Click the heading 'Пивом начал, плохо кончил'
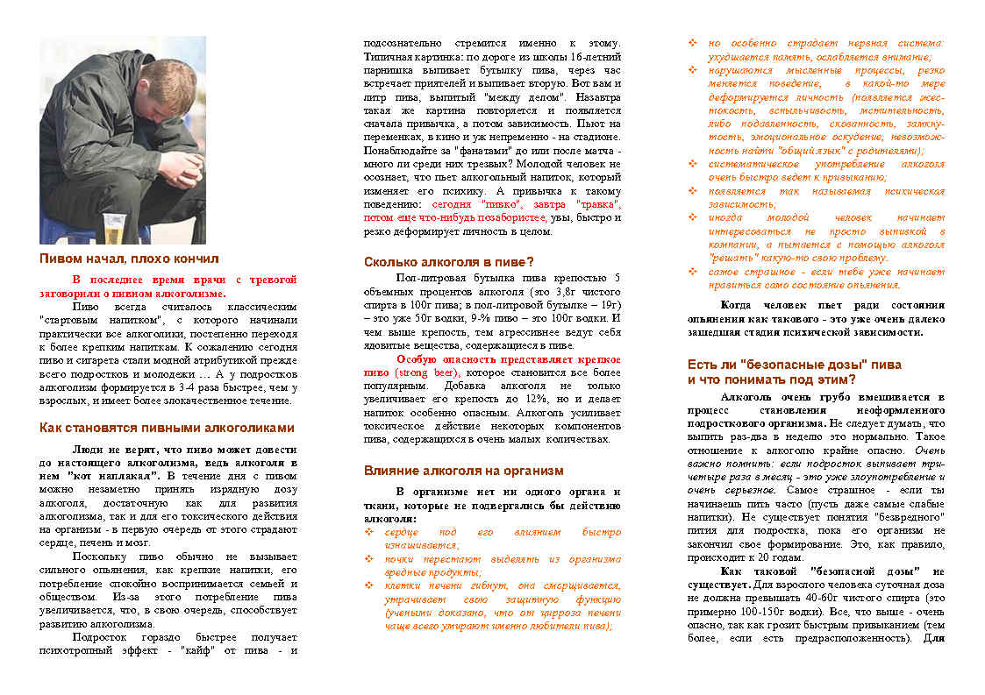[x=129, y=259]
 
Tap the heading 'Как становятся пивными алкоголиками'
[x=168, y=428]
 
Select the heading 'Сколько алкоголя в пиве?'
[x=448, y=261]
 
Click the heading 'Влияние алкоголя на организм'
[x=463, y=471]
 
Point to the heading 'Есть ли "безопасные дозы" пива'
[x=794, y=364]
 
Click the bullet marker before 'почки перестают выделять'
[x=368, y=559]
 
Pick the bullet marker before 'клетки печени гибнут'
[x=368, y=585]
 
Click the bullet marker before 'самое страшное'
[x=693, y=272]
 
